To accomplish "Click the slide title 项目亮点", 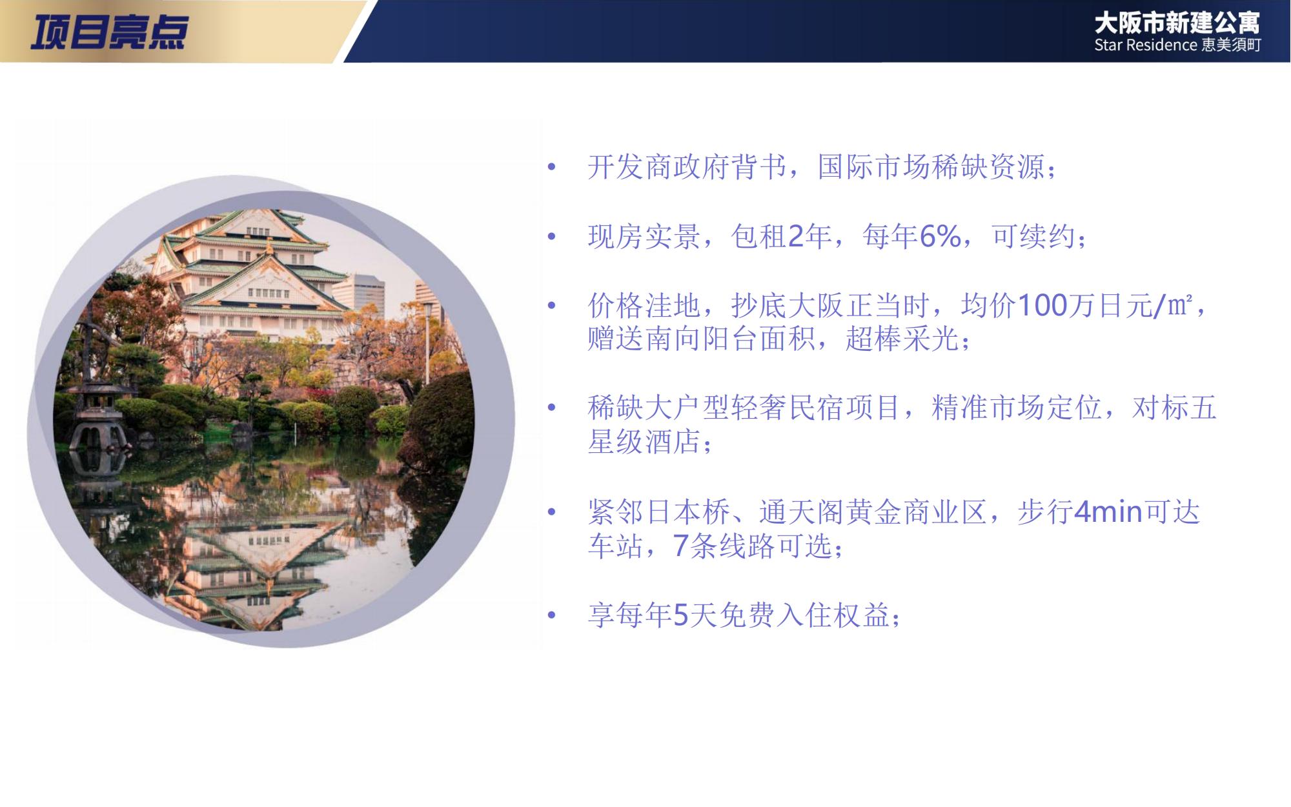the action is point(109,32).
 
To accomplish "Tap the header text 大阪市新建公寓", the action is point(1177,24).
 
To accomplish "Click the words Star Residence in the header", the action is point(1146,45).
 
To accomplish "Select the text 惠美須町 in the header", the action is point(1232,45).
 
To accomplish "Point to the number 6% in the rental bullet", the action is point(940,237).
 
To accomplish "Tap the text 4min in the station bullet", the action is point(1108,512).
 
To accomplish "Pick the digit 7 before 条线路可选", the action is point(680,546).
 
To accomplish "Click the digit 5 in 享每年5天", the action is point(681,615).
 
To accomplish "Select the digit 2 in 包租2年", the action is point(795,237).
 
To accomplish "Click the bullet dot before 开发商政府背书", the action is point(551,168).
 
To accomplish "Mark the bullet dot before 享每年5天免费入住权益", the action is point(551,615).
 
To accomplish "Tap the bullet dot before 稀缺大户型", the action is point(551,408).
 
